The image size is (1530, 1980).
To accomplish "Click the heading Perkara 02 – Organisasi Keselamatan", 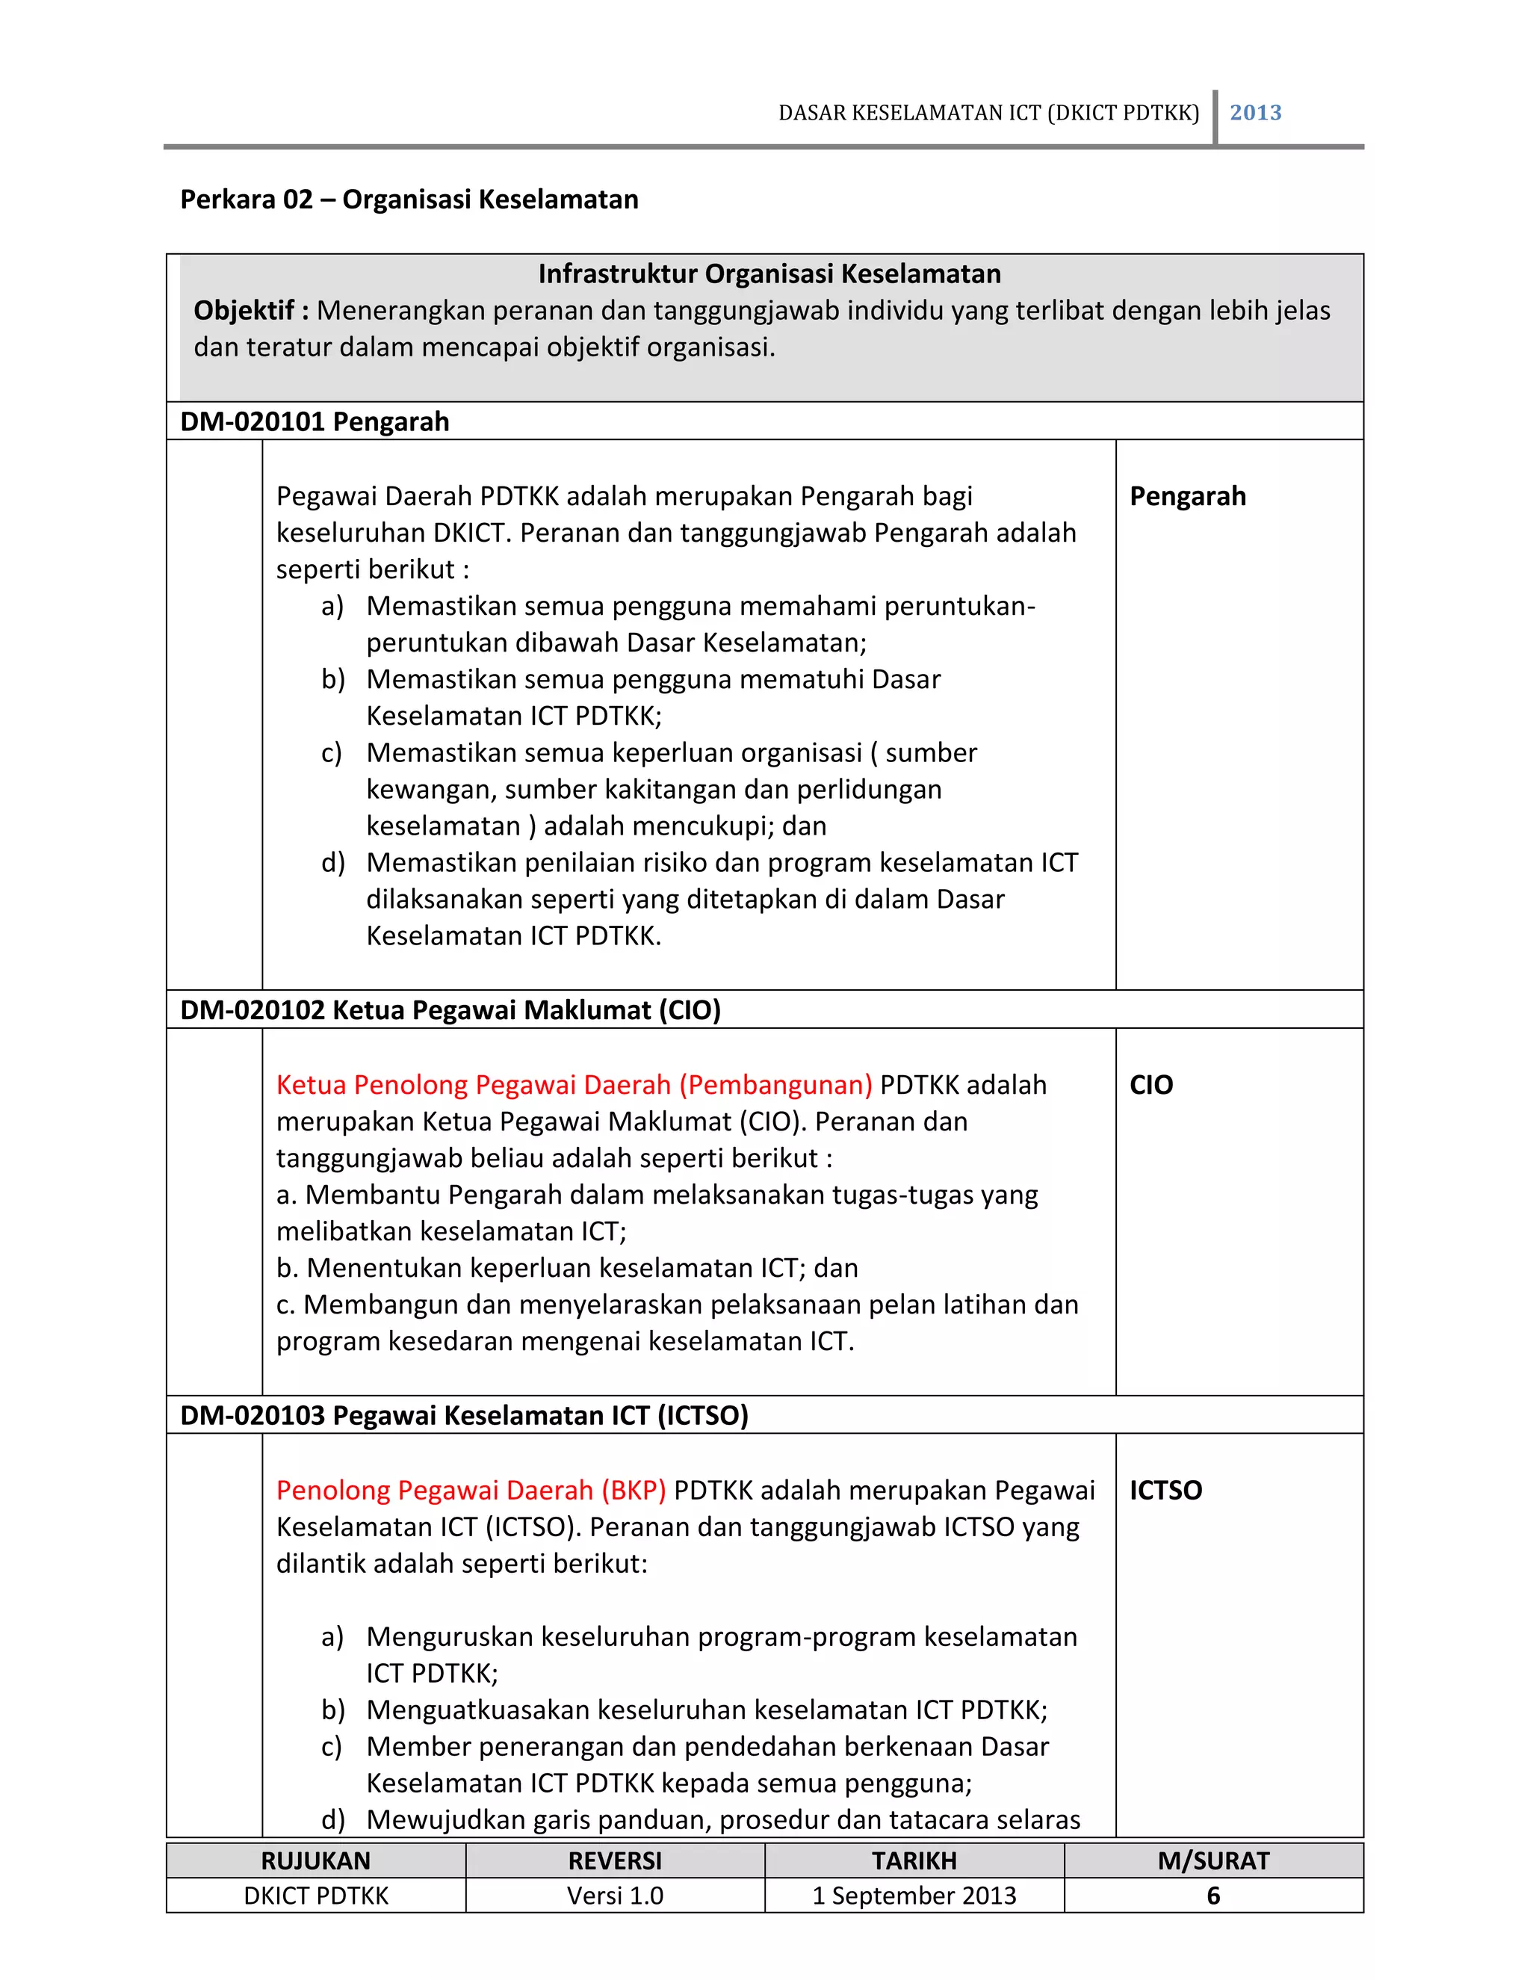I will click(x=409, y=199).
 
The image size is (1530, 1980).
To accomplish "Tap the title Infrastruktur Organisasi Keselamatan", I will click(x=769, y=273).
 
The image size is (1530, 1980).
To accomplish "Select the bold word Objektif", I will click(x=244, y=311).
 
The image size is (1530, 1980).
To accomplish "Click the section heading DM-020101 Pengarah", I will click(x=315, y=421).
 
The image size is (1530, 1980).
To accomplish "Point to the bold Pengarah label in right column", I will click(x=1187, y=496).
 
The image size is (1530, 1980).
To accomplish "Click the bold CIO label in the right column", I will click(x=1151, y=1084).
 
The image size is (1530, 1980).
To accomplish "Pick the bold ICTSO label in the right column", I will click(x=1165, y=1490).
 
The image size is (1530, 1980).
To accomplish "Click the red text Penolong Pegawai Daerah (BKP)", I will click(x=471, y=1490).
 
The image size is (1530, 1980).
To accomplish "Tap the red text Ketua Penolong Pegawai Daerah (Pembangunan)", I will click(x=574, y=1084).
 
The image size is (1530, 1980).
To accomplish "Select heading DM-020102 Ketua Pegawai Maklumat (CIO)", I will click(x=450, y=1010).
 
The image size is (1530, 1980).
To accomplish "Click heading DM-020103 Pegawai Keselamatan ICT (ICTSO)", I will click(x=464, y=1415).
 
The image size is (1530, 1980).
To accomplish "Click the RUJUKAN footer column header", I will click(x=315, y=1860).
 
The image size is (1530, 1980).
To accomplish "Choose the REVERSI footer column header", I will click(x=615, y=1860).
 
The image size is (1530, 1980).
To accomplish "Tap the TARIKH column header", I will click(x=914, y=1860).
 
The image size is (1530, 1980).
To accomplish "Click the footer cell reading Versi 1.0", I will click(x=615, y=1896).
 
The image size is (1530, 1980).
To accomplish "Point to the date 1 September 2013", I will click(x=914, y=1896).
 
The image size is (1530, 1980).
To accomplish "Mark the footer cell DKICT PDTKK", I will click(x=315, y=1896).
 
